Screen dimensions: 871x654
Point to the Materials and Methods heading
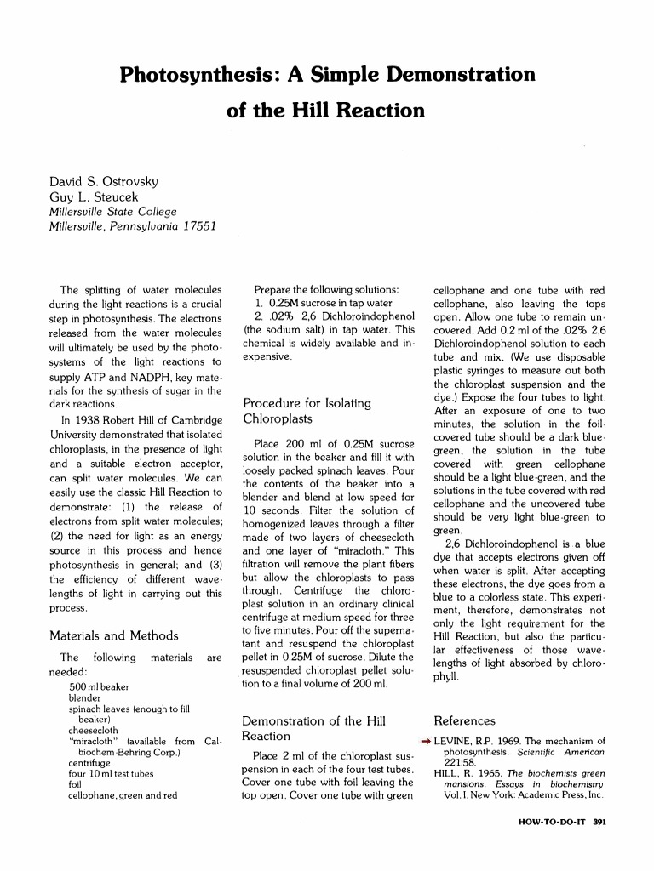click(x=114, y=635)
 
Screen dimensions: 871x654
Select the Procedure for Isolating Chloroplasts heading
click(x=307, y=411)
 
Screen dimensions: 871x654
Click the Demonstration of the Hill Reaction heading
click(x=314, y=728)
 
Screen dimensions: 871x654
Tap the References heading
click(x=464, y=720)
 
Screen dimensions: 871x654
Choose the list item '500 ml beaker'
click(x=99, y=686)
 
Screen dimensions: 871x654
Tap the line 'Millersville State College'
click(x=112, y=212)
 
